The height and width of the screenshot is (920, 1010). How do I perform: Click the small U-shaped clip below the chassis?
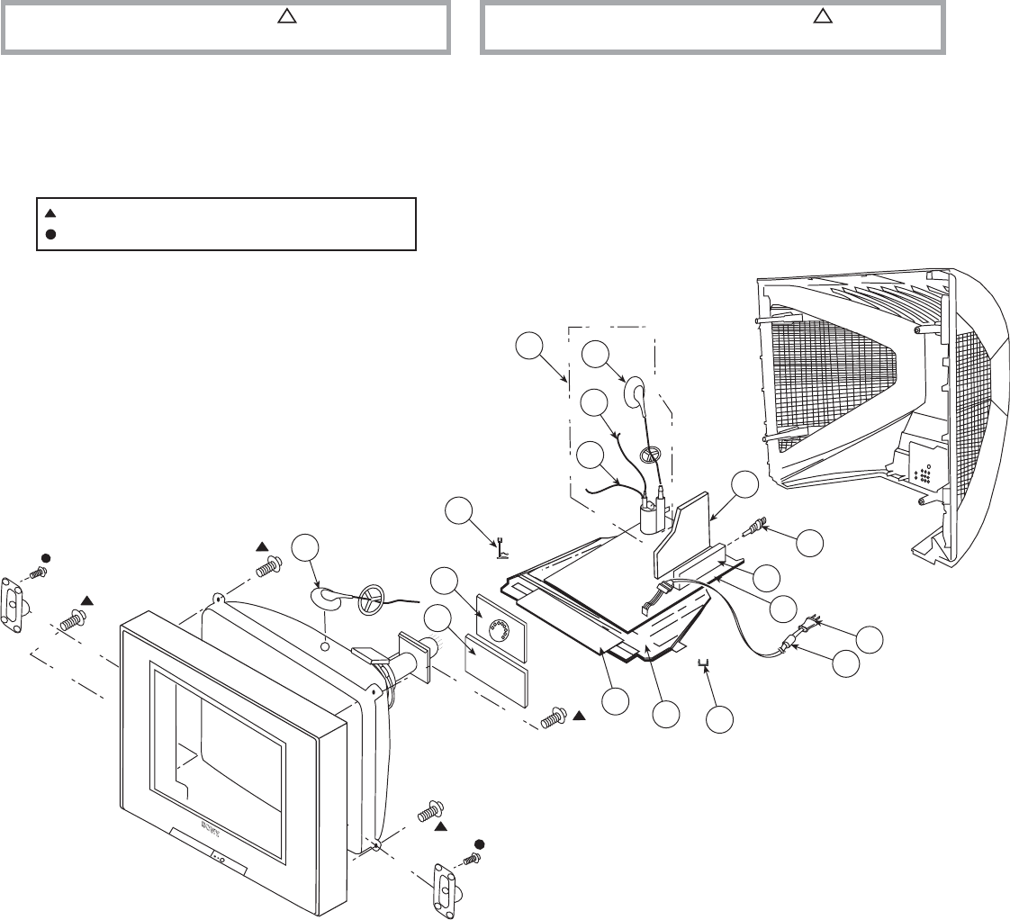click(705, 664)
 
